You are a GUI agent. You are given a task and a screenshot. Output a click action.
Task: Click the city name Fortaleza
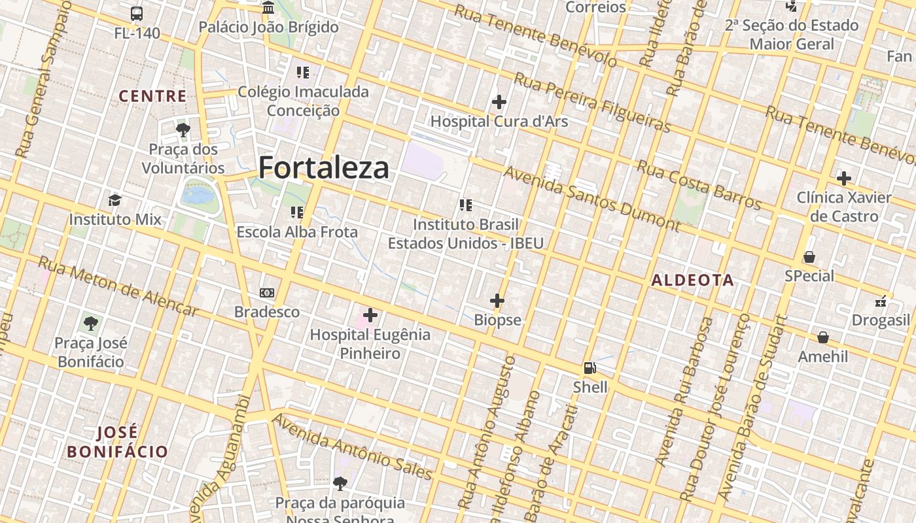324,168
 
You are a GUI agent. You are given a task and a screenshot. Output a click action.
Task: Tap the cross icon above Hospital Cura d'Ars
499,102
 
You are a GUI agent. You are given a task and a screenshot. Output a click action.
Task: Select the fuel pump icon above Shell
590,368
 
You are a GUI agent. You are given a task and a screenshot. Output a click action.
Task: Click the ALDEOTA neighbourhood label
693,280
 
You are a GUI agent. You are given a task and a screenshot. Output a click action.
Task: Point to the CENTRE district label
152,96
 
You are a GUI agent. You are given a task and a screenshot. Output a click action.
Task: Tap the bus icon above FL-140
137,13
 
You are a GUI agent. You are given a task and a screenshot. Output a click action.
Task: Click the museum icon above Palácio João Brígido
268,8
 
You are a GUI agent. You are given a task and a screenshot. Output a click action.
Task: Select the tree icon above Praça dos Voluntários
183,130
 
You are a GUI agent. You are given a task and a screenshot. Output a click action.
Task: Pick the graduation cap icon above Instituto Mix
115,200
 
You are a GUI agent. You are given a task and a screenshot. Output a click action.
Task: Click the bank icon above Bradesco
267,293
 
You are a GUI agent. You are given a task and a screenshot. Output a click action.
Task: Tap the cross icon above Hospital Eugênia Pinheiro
370,316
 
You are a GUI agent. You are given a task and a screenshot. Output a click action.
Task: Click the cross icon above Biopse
497,301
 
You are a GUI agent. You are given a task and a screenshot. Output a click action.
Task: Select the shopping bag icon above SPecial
809,257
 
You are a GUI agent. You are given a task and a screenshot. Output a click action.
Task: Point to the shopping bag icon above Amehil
823,337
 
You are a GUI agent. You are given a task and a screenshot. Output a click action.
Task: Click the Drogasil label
881,320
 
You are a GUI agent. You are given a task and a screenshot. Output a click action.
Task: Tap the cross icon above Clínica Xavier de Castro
844,178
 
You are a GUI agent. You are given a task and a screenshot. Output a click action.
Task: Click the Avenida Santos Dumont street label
591,198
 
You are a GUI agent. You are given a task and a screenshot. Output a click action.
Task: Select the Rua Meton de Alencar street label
118,286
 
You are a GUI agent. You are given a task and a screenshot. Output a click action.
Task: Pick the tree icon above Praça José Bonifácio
90,324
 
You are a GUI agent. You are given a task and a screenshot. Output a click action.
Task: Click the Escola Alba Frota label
297,232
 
